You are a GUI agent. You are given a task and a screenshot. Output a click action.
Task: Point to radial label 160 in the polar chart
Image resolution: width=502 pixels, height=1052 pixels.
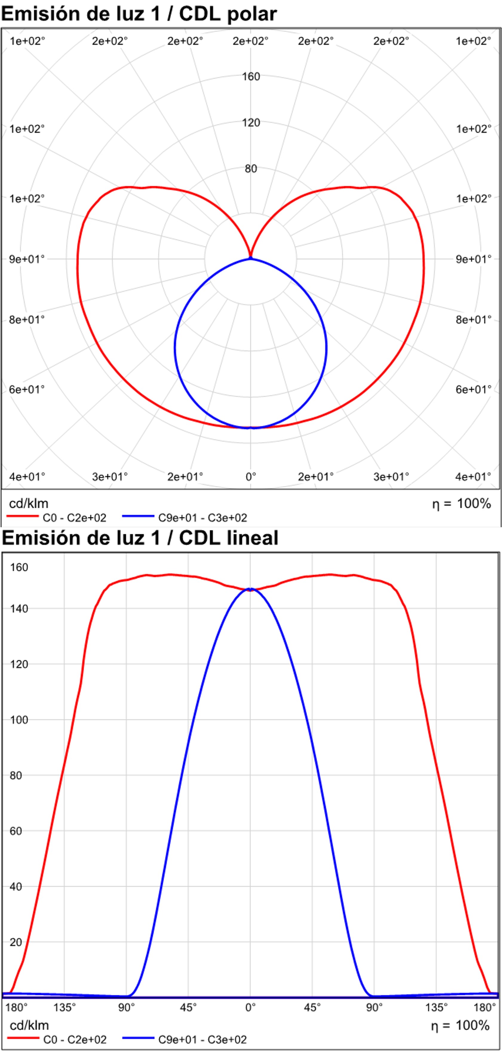click(x=251, y=77)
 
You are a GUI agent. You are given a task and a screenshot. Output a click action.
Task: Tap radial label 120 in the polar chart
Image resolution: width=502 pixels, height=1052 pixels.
click(x=251, y=122)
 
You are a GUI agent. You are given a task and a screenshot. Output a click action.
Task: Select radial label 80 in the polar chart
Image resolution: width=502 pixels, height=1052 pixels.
click(x=251, y=169)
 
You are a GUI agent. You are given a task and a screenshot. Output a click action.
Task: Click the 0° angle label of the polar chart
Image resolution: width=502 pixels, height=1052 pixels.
click(x=251, y=476)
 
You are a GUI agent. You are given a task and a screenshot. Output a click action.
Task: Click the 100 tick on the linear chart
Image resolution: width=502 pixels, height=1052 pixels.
click(x=19, y=719)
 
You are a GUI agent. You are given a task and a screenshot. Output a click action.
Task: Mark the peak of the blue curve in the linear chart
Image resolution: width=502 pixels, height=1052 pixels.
click(x=251, y=589)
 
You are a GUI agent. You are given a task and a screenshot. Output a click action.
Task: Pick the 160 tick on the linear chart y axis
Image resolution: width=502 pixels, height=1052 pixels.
click(x=19, y=567)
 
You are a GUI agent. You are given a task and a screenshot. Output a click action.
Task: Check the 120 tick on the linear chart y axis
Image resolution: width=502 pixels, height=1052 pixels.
click(x=19, y=664)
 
